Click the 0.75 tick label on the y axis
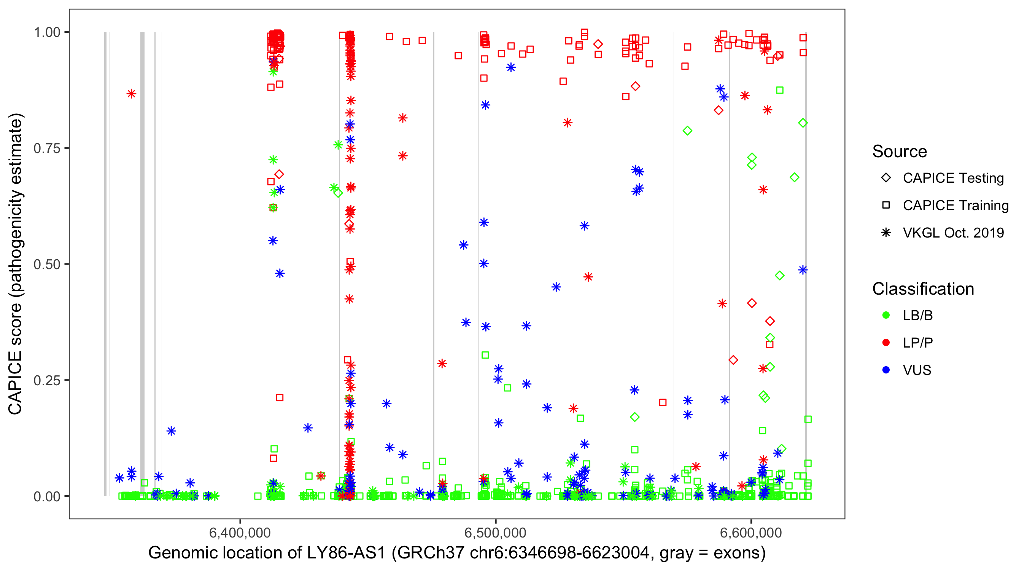tap(46, 148)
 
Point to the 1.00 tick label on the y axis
tap(46, 32)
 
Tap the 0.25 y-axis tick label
tap(46, 380)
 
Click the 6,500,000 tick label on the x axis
tap(495, 533)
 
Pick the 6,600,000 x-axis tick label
tap(751, 533)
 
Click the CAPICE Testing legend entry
tap(953, 178)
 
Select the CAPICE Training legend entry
tap(955, 206)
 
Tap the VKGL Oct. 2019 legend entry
tap(953, 233)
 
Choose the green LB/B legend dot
tap(886, 315)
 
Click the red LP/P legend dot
tap(886, 343)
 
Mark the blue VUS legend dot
tap(886, 370)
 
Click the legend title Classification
tap(923, 289)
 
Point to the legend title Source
tap(900, 151)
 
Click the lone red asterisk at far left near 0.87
tap(131, 94)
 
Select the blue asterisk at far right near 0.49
tap(803, 270)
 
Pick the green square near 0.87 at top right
tap(780, 90)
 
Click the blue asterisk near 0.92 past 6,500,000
tap(511, 67)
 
